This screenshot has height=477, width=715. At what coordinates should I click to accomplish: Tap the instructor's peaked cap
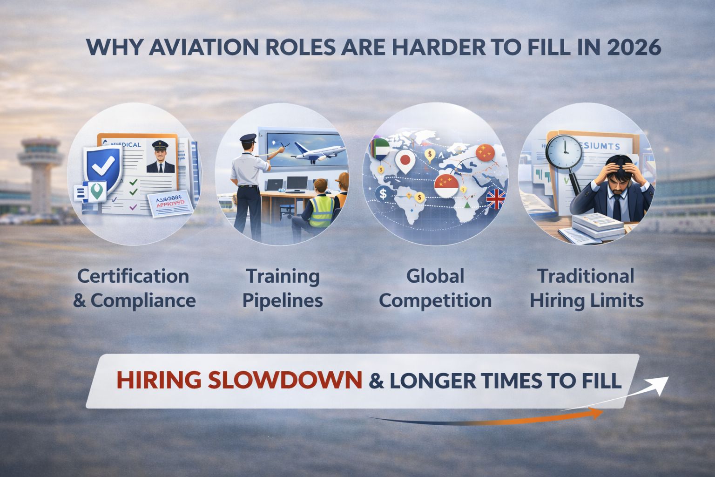pos(248,138)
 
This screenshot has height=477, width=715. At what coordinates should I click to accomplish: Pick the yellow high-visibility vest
pos(322,211)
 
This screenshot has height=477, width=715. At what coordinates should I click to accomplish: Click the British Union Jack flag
pos(496,199)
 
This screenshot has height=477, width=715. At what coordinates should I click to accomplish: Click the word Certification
pos(133,276)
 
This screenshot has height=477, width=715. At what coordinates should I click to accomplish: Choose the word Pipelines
pos(283,300)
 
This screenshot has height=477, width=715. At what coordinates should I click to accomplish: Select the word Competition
pos(435,300)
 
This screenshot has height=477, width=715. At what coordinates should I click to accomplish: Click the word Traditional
pos(586,276)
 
